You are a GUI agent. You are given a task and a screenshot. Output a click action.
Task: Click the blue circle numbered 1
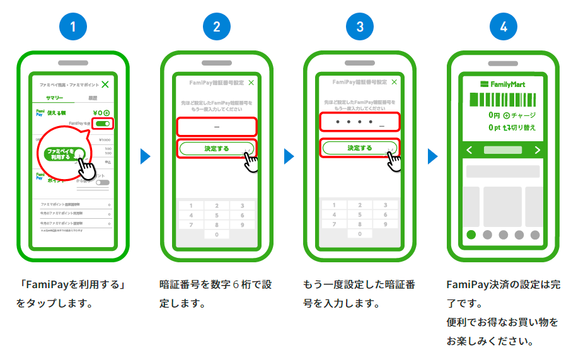(72, 26)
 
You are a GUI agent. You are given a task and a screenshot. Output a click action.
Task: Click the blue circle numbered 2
(216, 26)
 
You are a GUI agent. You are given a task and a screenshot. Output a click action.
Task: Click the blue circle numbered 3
(359, 26)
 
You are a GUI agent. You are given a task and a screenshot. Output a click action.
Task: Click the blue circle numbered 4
(503, 26)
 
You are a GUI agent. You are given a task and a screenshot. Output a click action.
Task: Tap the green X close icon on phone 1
(105, 84)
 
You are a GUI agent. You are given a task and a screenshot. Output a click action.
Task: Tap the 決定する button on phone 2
(216, 148)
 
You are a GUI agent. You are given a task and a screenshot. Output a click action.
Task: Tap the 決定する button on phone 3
(359, 148)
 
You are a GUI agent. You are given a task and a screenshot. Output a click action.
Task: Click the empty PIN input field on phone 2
(216, 127)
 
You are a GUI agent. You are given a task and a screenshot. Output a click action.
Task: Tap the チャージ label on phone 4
(523, 116)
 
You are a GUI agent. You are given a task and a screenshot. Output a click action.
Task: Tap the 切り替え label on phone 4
(523, 127)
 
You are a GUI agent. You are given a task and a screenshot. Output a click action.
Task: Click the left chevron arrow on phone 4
(469, 150)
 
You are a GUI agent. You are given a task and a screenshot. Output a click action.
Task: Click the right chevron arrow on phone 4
(537, 150)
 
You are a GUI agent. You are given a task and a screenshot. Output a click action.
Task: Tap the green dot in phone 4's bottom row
(471, 235)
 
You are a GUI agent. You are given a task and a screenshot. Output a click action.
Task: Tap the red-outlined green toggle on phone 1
(102, 124)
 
